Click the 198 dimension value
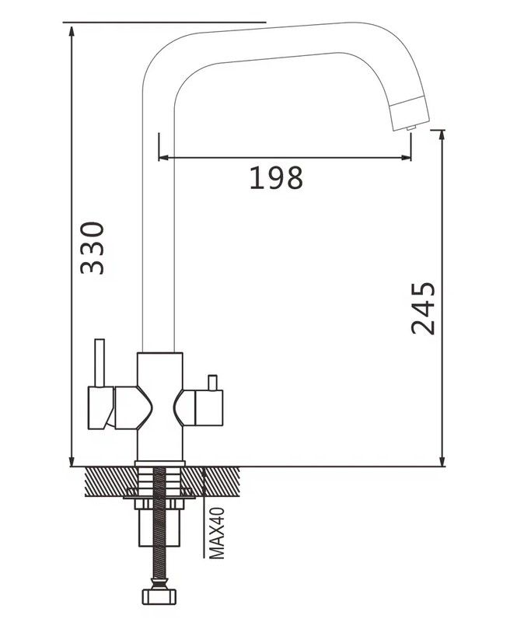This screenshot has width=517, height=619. coord(276,177)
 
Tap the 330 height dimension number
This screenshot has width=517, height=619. coord(92,248)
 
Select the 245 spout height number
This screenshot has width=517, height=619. coord(423,308)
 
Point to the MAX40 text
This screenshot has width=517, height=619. coord(217,533)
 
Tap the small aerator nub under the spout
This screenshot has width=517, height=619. coord(411,128)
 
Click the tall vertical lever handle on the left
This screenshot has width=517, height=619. coord(100,363)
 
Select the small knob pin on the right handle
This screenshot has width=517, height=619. coord(213,383)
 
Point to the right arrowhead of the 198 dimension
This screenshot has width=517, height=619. coord(406,158)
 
